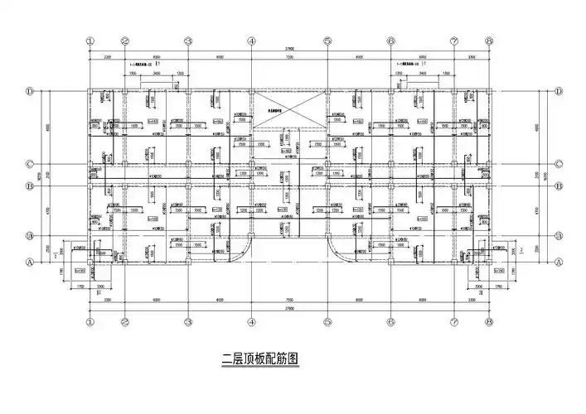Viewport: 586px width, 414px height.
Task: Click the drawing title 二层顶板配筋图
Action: [x=259, y=359]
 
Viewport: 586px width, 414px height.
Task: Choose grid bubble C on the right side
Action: [x=558, y=163]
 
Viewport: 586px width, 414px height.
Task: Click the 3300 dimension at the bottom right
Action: [x=472, y=299]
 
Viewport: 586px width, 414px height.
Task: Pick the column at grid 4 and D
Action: [x=251, y=91]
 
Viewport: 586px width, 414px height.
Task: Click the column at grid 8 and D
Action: [x=489, y=91]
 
